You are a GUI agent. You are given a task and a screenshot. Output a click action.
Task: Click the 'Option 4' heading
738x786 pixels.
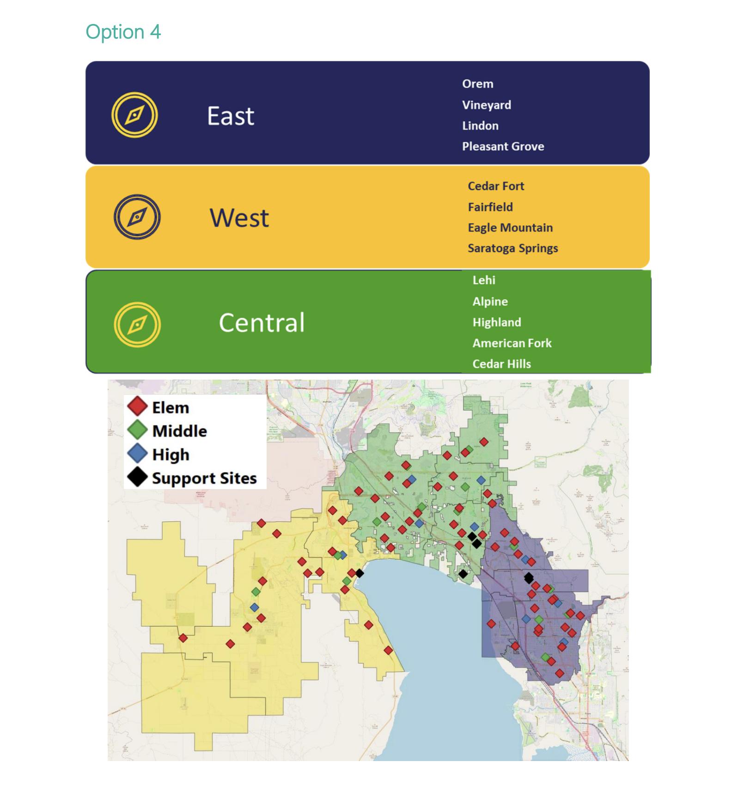point(123,32)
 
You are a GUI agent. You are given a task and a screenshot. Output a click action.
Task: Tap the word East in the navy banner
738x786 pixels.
point(230,116)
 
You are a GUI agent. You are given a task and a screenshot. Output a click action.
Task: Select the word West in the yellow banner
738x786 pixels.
point(239,218)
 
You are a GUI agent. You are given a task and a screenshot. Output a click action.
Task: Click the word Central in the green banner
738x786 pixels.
point(262,322)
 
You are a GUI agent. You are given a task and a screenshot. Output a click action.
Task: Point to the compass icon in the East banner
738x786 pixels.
point(134,115)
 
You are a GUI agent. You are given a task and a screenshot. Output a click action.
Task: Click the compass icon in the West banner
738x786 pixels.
point(137,217)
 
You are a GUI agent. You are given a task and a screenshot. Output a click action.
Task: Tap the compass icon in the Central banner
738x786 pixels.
point(137,324)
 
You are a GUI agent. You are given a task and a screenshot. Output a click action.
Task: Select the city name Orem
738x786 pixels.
point(477,84)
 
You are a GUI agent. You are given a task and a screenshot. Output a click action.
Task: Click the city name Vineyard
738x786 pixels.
point(486,105)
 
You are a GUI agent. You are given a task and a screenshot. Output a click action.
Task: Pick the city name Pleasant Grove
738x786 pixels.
point(503,146)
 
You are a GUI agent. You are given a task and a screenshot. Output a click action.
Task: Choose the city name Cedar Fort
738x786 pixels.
point(495,186)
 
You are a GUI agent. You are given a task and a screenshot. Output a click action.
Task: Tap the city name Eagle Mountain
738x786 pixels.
point(510,228)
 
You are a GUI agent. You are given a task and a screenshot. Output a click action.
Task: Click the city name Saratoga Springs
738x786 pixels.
point(512,248)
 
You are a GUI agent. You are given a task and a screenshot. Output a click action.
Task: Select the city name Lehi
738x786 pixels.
point(483,280)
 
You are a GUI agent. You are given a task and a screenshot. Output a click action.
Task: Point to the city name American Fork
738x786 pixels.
point(512,343)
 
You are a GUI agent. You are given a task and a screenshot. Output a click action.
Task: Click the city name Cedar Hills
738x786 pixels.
point(501,364)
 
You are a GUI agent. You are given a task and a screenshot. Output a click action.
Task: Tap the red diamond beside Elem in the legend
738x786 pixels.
point(137,406)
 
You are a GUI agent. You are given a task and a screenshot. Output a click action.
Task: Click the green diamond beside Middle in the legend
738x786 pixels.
point(137,430)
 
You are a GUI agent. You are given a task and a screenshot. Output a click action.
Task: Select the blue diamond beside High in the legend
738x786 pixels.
point(137,453)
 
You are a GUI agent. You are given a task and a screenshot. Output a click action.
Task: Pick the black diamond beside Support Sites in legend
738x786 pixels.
point(137,477)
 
